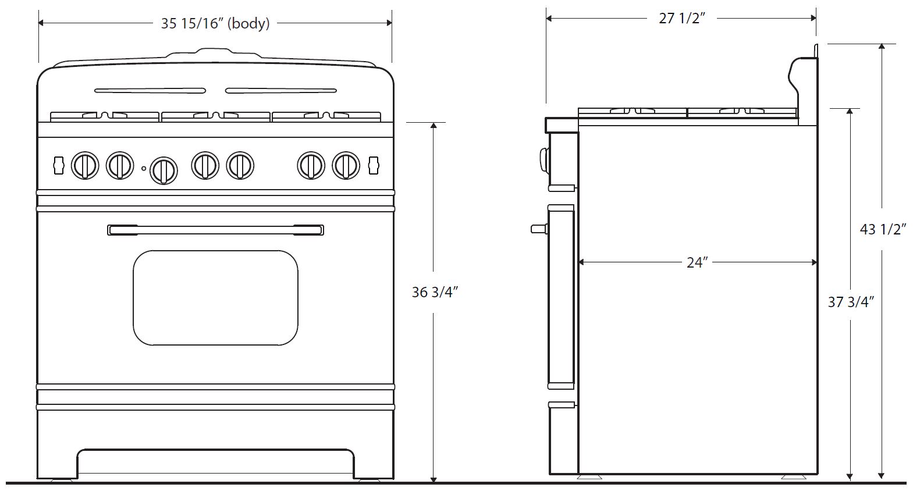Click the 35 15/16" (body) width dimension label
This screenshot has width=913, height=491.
click(x=215, y=24)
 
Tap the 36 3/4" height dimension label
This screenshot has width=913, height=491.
click(x=435, y=292)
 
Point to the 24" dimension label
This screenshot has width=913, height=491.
click(x=697, y=262)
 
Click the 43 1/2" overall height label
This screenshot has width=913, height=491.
click(x=883, y=229)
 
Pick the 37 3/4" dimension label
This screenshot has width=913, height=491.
click(x=851, y=302)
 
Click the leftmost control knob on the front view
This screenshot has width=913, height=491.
click(x=85, y=165)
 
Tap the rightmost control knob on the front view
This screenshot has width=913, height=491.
click(x=346, y=165)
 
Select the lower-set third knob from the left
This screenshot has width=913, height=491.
click(x=164, y=170)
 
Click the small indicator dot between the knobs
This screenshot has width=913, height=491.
click(x=144, y=168)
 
